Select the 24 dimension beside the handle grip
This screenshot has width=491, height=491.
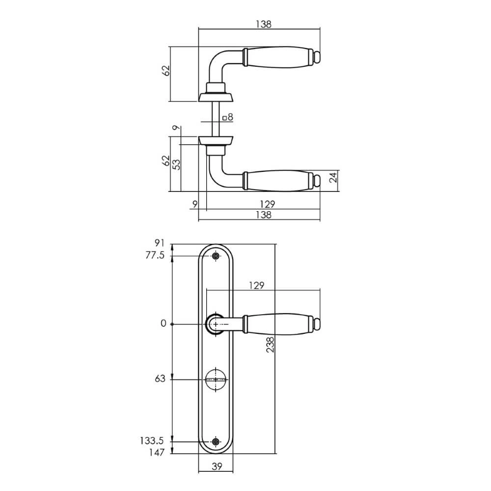pyautogui.click(x=333, y=178)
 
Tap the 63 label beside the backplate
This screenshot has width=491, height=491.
pyautogui.click(x=160, y=379)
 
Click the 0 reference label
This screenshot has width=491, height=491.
pyautogui.click(x=164, y=324)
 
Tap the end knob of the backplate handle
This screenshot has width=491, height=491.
pyautogui.click(x=318, y=324)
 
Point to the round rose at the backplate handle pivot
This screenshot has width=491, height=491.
pyautogui.click(x=215, y=324)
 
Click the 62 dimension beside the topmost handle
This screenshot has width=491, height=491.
pyautogui.click(x=166, y=70)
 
